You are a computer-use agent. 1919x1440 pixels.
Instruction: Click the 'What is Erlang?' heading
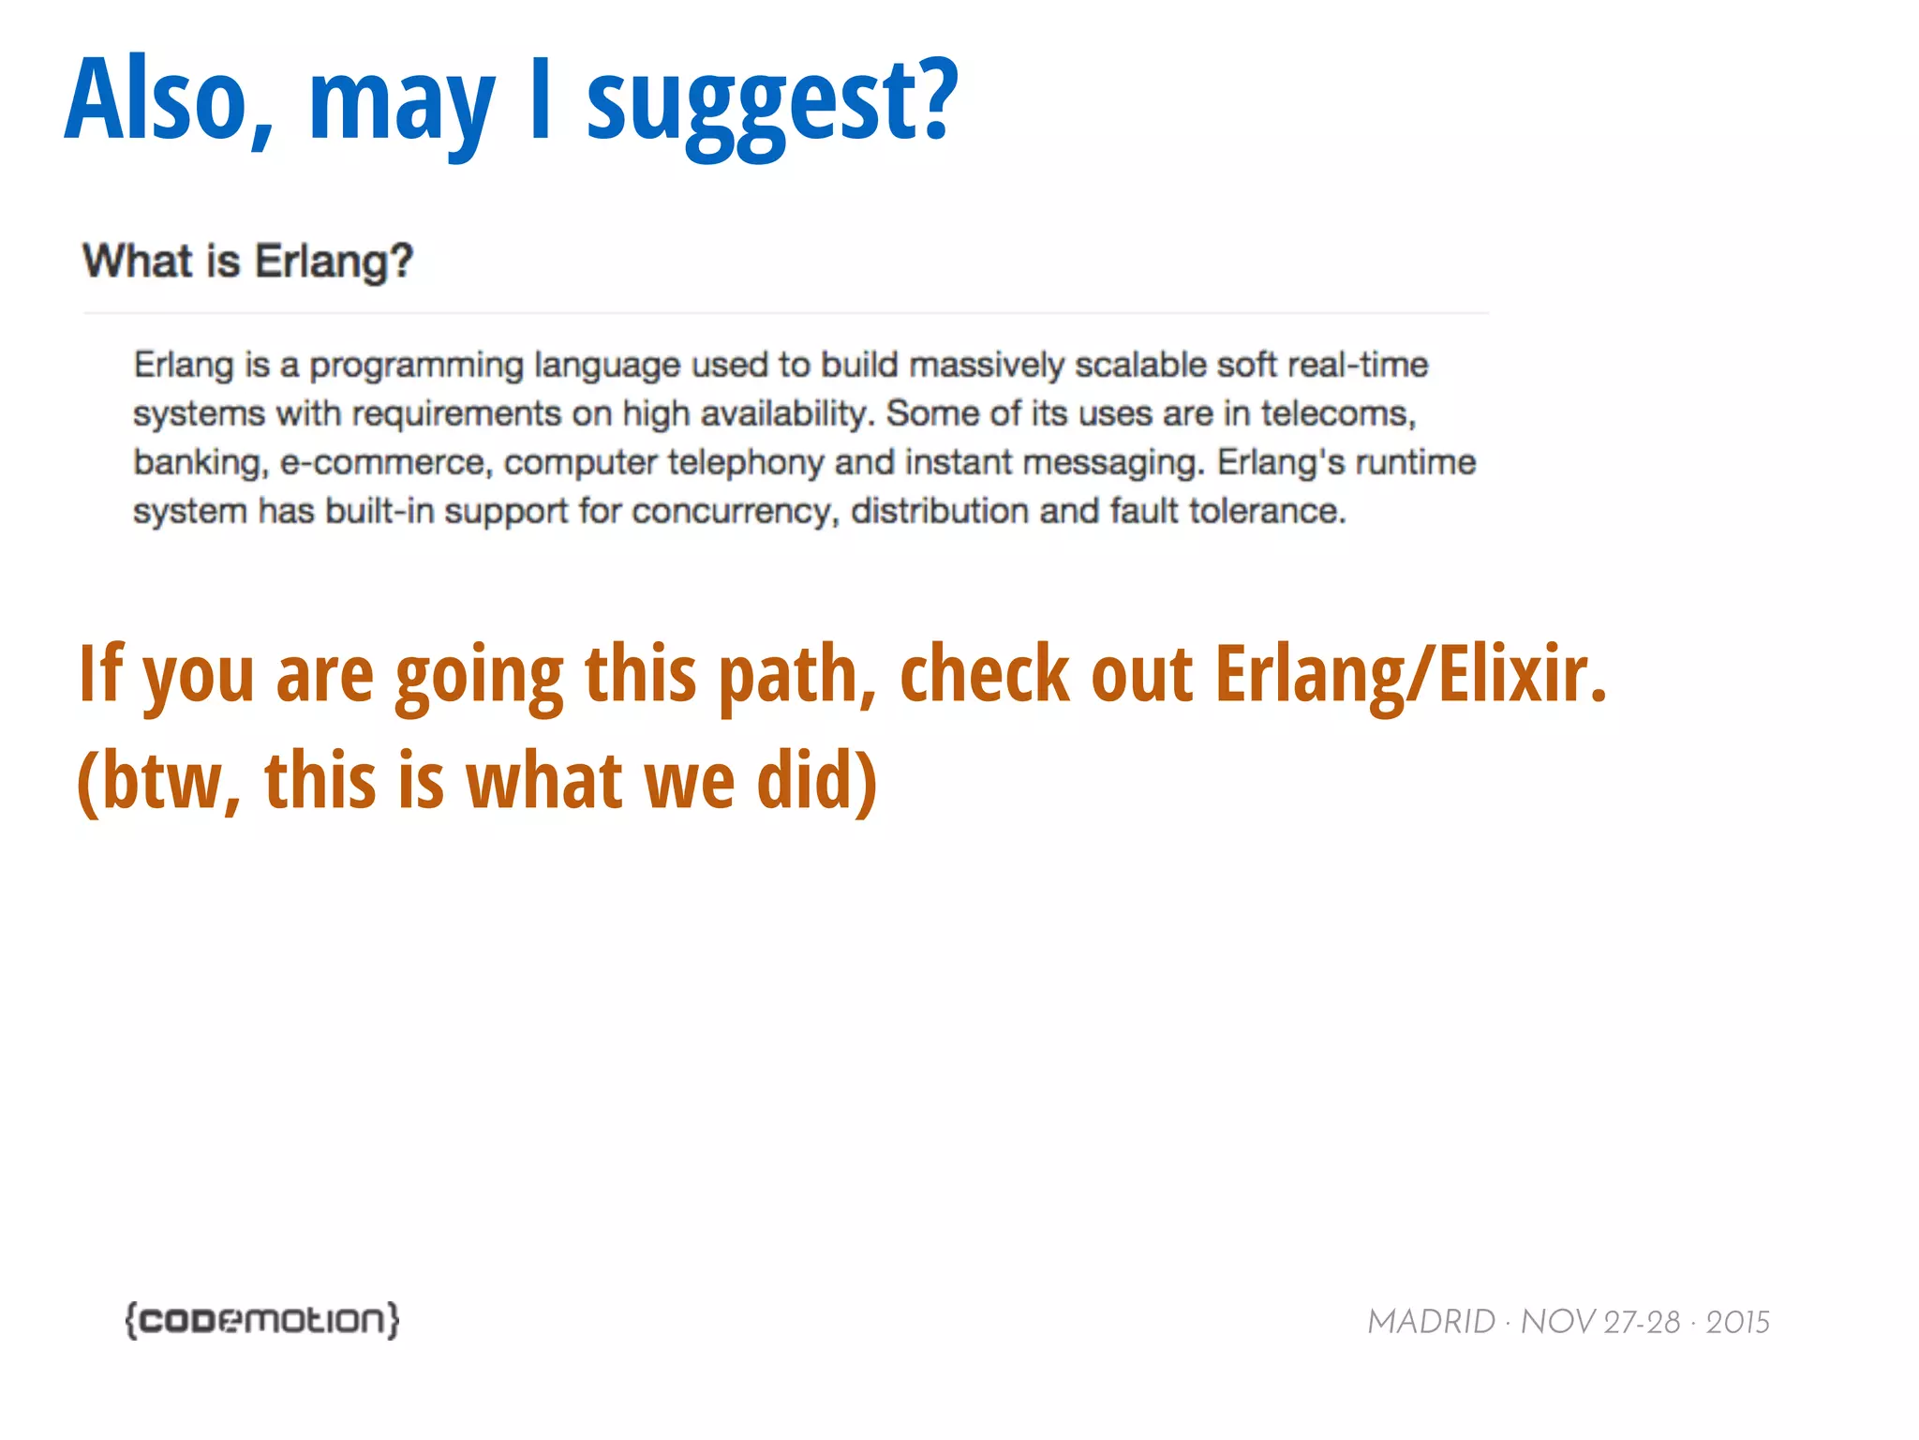click(247, 262)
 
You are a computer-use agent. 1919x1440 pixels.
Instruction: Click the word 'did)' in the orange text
click(816, 780)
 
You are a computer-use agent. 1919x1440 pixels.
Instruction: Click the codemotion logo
click(262, 1320)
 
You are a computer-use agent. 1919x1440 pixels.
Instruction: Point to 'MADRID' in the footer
click(1431, 1322)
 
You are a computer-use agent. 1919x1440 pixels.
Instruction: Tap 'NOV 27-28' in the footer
click(1599, 1322)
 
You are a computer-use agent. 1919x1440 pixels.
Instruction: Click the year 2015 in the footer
click(1737, 1322)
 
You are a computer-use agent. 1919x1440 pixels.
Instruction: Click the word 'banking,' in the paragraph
click(201, 463)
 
